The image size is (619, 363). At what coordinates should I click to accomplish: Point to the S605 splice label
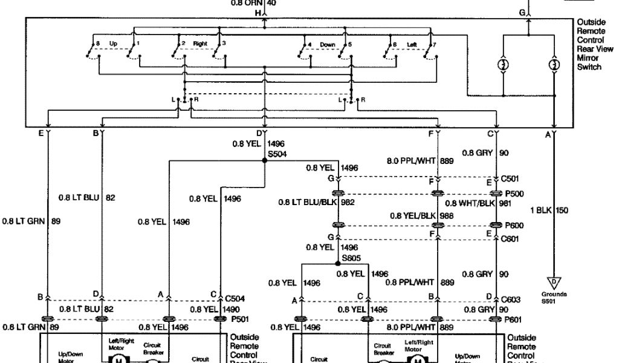tap(351, 258)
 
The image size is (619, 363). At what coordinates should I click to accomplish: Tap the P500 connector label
tap(514, 194)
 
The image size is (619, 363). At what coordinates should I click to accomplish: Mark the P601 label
tap(514, 319)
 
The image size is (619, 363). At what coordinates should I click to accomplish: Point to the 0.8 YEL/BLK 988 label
tap(422, 215)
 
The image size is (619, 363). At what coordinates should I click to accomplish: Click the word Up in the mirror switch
tap(114, 44)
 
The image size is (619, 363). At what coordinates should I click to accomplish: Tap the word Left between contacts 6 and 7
tap(412, 44)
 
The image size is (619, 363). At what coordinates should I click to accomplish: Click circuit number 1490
tap(232, 309)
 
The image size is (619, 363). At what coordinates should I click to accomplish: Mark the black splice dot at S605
tap(337, 264)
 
